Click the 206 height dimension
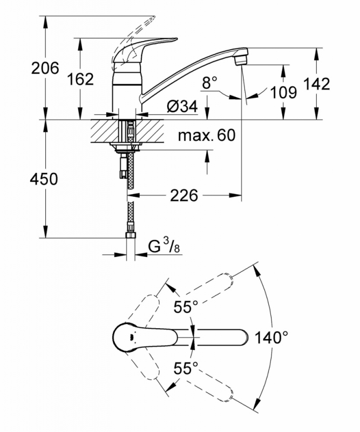point(45,68)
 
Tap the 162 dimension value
point(80,79)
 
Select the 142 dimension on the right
point(316,84)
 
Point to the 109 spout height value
point(283,92)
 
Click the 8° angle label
point(210,83)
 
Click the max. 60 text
point(207,136)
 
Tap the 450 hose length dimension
point(44,179)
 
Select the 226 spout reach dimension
point(184,195)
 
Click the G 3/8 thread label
point(164,246)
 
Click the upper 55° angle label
point(186,307)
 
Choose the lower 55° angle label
point(186,368)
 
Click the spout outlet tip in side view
point(242,59)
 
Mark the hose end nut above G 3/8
point(131,235)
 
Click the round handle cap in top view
point(127,337)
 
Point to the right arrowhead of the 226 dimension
point(236,195)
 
